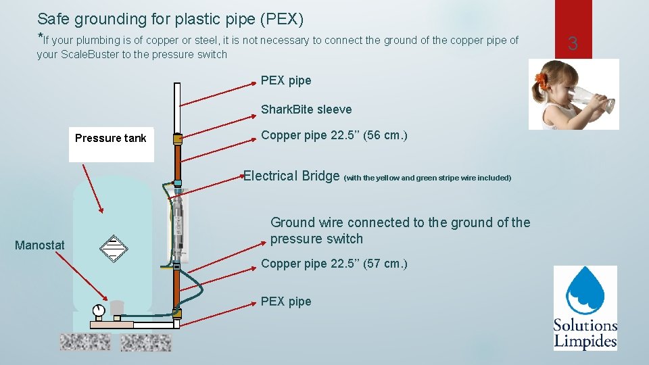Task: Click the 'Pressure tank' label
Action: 110,139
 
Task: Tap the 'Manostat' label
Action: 39,245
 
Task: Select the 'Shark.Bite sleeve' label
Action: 306,109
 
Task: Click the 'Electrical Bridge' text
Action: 291,176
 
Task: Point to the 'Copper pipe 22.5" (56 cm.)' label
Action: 334,135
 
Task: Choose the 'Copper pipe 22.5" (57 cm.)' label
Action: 334,264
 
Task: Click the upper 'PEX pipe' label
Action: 286,80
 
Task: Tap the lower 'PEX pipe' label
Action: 286,301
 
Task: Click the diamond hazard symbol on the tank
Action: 113,248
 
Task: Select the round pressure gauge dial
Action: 100,310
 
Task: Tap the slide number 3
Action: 573,45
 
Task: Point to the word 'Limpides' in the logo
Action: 585,341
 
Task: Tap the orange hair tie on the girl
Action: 540,81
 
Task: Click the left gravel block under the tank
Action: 85,342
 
